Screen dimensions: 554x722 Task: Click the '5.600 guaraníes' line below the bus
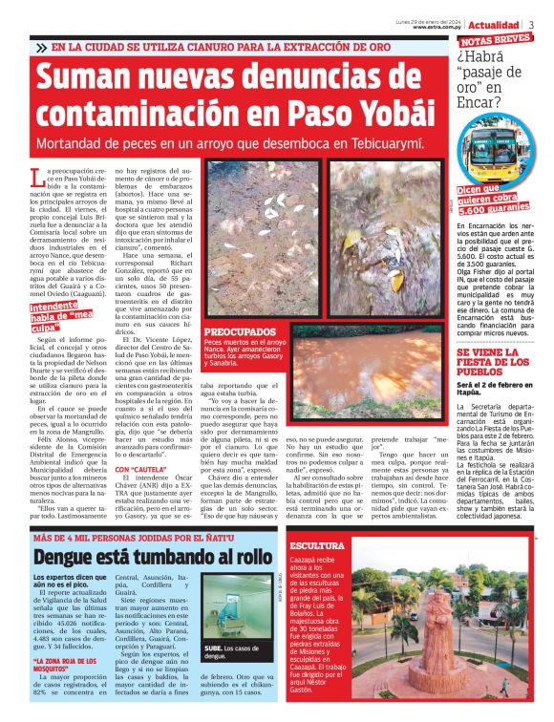tap(497, 206)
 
